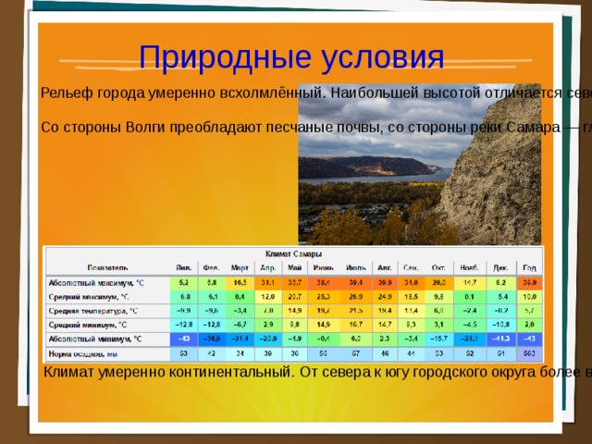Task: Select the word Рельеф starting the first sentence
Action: tap(68, 92)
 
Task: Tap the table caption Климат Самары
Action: tap(293, 253)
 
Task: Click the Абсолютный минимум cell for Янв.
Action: tap(185, 338)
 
